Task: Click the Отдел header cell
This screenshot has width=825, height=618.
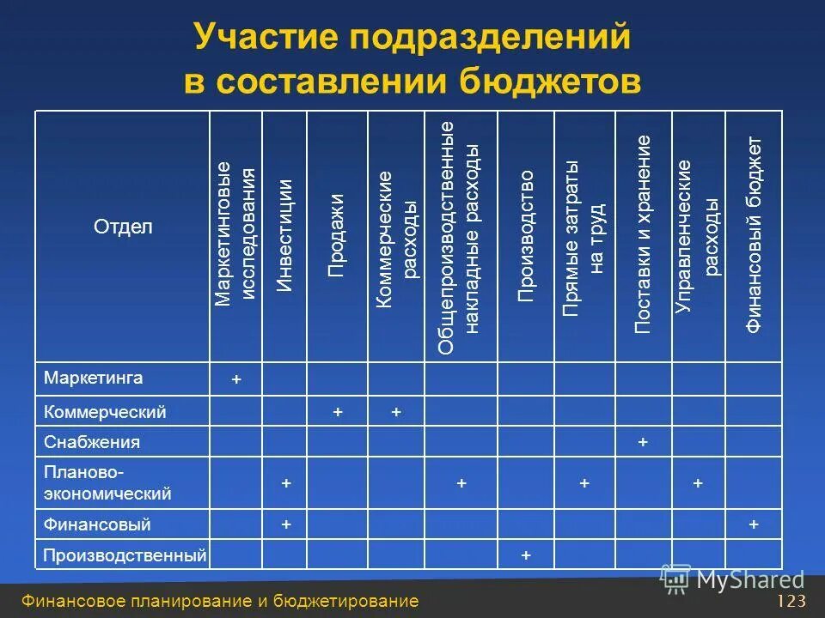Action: pos(123,227)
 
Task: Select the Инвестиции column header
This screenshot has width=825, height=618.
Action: pos(284,236)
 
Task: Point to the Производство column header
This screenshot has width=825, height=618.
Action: pos(526,236)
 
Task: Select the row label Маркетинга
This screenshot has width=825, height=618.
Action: pos(94,378)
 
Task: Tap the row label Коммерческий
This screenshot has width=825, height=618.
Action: pos(105,413)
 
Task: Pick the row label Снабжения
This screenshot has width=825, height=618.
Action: pos(92,443)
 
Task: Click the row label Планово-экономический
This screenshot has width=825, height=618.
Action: pos(107,484)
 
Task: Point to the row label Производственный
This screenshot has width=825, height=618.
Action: pos(125,556)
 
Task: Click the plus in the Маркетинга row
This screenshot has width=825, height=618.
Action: pos(236,379)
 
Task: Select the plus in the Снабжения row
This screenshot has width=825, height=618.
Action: pos(643,443)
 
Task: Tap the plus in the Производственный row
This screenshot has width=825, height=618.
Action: pos(526,556)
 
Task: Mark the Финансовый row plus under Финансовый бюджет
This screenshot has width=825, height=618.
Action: pos(754,524)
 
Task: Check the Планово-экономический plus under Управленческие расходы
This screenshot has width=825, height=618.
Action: pos(698,484)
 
